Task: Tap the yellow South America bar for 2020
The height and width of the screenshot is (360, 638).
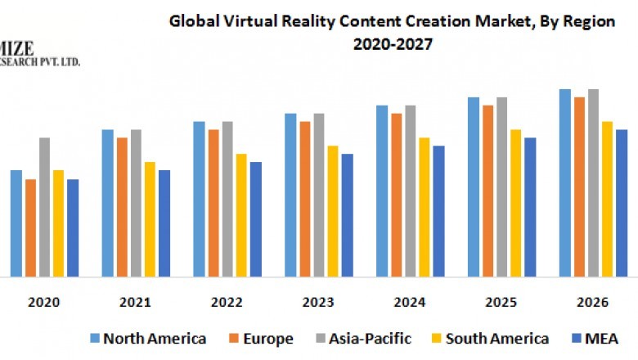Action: click(x=58, y=223)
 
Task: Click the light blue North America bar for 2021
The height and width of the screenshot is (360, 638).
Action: click(x=107, y=203)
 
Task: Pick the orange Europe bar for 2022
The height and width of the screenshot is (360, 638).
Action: click(x=213, y=203)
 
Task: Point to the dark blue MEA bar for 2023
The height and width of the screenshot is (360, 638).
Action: click(x=347, y=214)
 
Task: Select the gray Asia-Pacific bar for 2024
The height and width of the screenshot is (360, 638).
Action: click(x=410, y=191)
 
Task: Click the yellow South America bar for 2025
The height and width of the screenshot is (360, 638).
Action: click(x=515, y=203)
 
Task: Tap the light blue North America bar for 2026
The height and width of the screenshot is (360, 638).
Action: click(x=564, y=182)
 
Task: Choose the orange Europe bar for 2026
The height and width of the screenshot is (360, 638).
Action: click(x=579, y=187)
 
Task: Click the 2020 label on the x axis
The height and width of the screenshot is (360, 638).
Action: click(x=44, y=303)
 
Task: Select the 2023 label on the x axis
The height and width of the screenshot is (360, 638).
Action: click(x=318, y=303)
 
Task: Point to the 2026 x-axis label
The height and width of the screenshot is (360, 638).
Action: click(x=592, y=303)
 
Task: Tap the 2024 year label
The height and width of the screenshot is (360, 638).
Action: click(x=410, y=303)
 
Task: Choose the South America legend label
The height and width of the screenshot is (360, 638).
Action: click(x=496, y=339)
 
